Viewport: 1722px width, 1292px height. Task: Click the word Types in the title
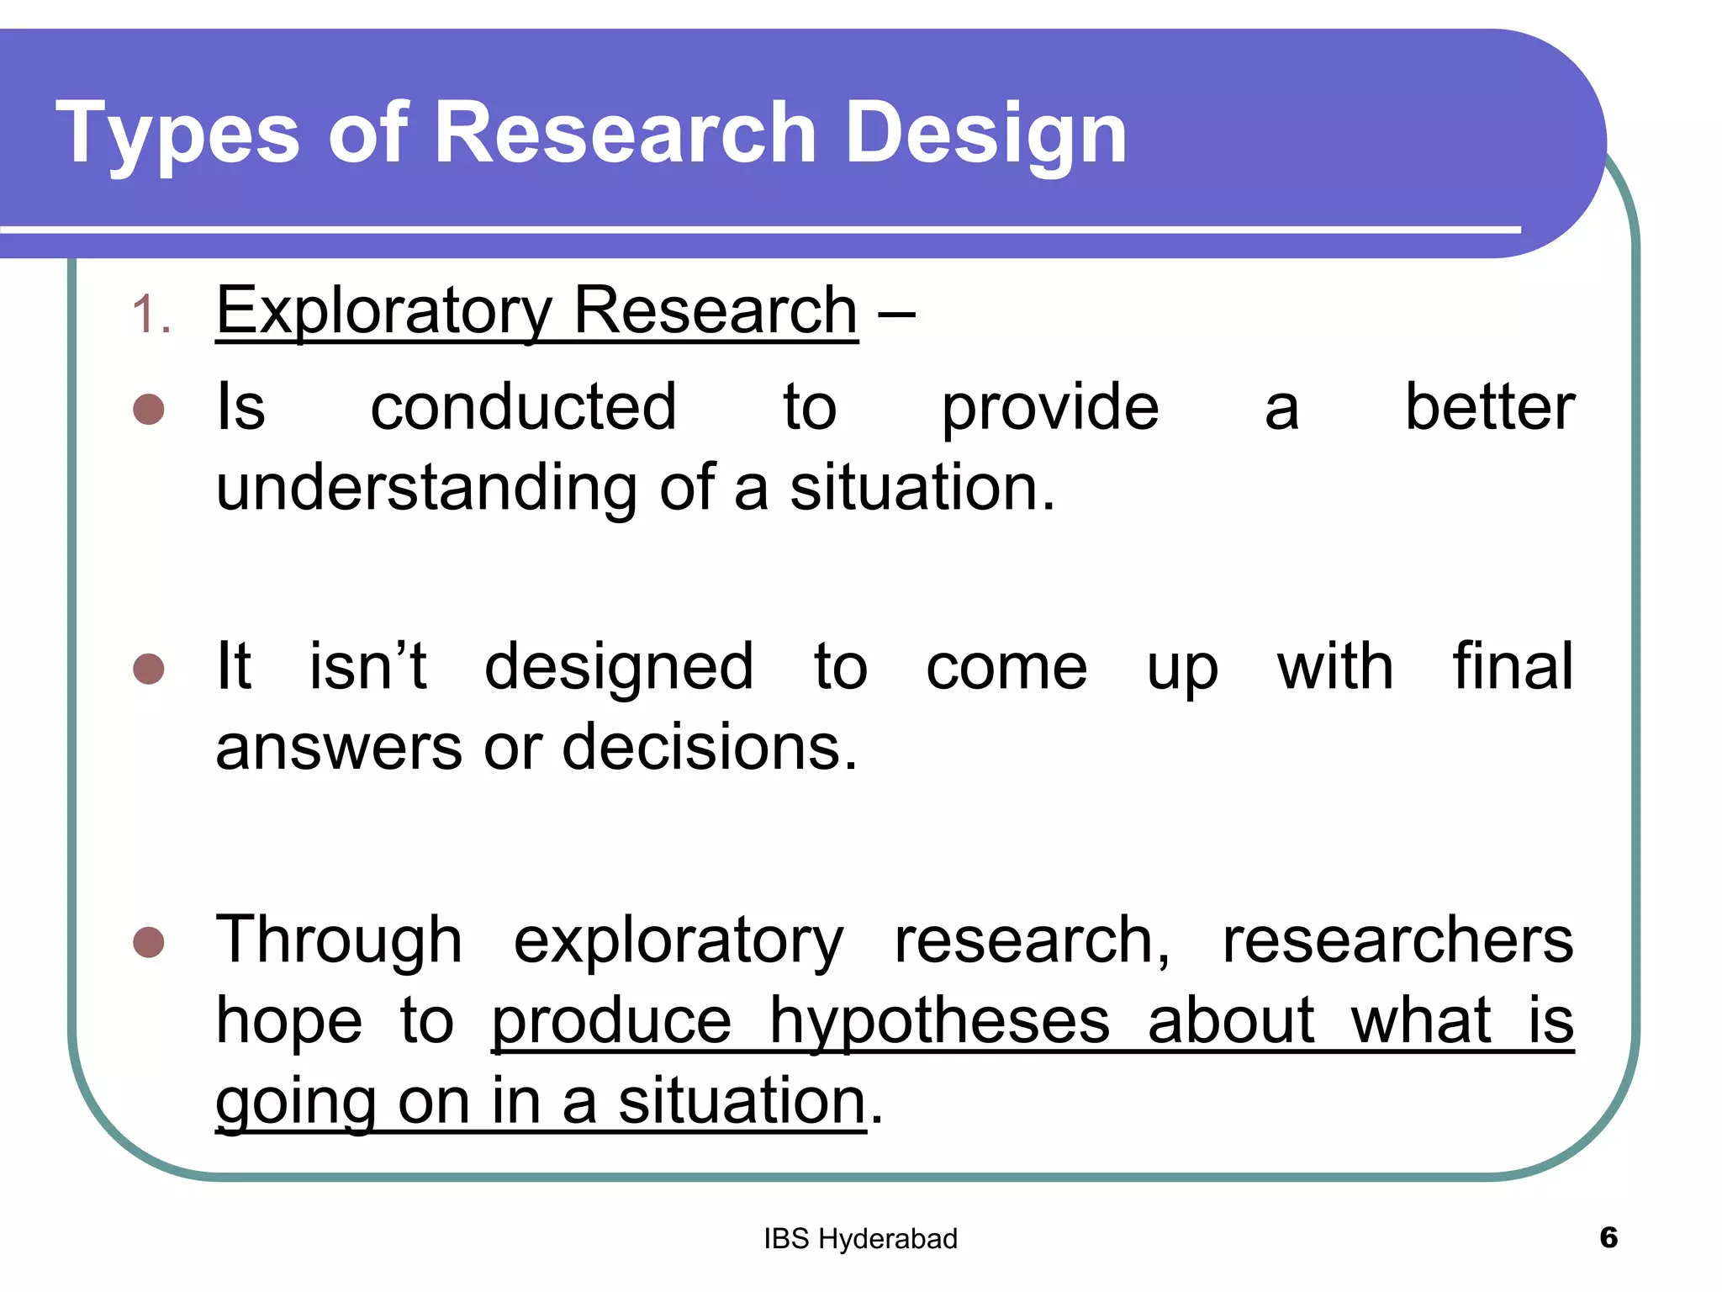[x=177, y=133]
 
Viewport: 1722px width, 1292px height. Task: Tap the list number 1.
[x=151, y=315]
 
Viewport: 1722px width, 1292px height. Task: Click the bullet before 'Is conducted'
[x=149, y=410]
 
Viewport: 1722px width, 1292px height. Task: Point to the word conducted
[x=523, y=407]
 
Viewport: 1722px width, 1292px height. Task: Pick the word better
[x=1489, y=407]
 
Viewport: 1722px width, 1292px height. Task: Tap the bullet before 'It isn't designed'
[x=149, y=669]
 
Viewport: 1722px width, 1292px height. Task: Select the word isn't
[x=368, y=666]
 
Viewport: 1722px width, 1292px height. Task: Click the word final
[x=1513, y=666]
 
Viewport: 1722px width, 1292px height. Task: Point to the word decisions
[x=709, y=747]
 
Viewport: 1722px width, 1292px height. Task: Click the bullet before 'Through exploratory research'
[x=149, y=942]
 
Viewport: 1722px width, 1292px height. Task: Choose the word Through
[x=339, y=940]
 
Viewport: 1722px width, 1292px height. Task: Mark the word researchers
[x=1397, y=940]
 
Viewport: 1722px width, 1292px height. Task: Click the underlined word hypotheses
[x=939, y=1021]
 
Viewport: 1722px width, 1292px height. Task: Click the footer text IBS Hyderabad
[x=860, y=1239]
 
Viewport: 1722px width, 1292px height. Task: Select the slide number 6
[x=1608, y=1237]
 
